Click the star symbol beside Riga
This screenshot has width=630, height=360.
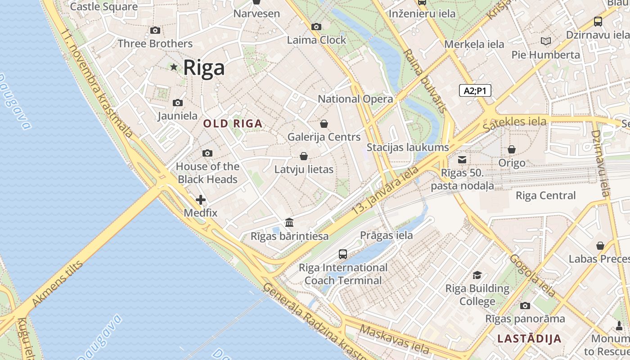tap(174, 67)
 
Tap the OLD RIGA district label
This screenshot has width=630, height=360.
tap(232, 123)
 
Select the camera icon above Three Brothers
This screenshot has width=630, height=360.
tap(155, 31)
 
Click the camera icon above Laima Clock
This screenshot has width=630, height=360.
tap(316, 27)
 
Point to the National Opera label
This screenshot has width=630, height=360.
tap(355, 99)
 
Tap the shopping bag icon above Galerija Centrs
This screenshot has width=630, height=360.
tap(324, 124)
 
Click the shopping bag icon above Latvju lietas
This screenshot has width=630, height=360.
tap(304, 156)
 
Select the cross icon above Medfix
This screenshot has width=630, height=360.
tap(201, 200)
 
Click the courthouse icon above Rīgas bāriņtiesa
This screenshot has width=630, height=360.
tap(289, 223)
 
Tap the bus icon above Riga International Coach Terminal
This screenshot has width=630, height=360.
tap(343, 254)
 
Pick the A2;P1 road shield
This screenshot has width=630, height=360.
tap(475, 91)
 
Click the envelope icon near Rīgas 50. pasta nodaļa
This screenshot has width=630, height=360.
tap(462, 159)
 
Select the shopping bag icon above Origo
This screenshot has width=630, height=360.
tap(512, 149)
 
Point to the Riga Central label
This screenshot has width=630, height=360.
tap(545, 196)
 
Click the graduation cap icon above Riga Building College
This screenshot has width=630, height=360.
tap(477, 275)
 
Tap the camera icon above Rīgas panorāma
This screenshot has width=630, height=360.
tap(525, 306)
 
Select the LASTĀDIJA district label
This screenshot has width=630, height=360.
tap(529, 339)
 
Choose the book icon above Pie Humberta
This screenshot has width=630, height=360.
tap(546, 41)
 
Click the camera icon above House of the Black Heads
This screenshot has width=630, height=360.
tap(207, 153)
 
